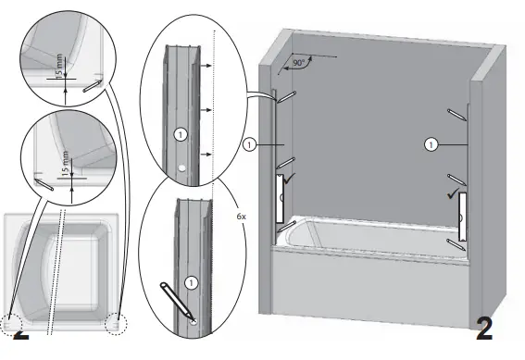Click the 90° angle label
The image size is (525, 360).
point(298,64)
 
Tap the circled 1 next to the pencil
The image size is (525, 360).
point(191,280)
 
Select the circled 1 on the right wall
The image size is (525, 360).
point(430,144)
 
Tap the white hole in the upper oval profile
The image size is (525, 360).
point(182,168)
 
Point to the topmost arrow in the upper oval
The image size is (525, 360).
point(210,68)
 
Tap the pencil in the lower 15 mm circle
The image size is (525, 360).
point(42,182)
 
